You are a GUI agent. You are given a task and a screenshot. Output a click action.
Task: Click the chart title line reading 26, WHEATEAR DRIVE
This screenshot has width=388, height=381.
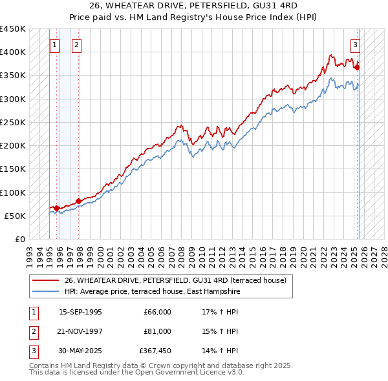[x=193, y=6]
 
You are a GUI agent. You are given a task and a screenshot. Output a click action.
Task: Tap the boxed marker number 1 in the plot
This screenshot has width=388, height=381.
[x=54, y=45]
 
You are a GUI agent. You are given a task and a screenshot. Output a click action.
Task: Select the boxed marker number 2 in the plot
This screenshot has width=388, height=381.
[x=76, y=45]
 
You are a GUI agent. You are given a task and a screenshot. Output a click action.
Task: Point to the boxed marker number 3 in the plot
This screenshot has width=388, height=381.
[x=355, y=45]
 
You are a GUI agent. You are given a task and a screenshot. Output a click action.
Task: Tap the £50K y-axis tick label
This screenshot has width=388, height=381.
[x=15, y=216]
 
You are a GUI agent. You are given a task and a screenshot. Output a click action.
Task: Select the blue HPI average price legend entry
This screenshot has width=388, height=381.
[x=153, y=292]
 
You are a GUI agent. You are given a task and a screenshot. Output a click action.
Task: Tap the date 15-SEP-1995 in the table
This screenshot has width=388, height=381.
[x=80, y=313]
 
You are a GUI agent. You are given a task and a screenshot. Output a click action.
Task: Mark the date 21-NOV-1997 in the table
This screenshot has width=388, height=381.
[x=80, y=331]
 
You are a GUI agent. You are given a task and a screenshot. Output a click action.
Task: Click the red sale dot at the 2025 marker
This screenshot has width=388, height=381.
[x=358, y=67]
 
